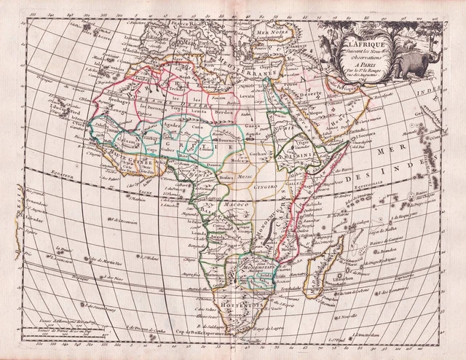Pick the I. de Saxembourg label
click(100, 305)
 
